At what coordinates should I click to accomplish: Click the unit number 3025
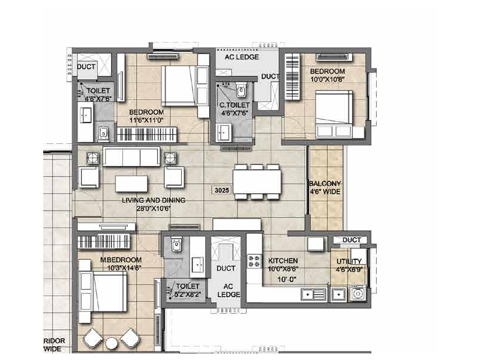pos(221,190)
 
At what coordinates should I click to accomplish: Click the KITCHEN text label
pos(283,262)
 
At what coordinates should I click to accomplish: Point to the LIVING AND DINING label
pos(152,200)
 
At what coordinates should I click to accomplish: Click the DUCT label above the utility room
pos(351,240)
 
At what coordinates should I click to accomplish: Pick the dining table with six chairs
pos(257,182)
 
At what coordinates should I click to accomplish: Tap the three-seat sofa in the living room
pos(130,158)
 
